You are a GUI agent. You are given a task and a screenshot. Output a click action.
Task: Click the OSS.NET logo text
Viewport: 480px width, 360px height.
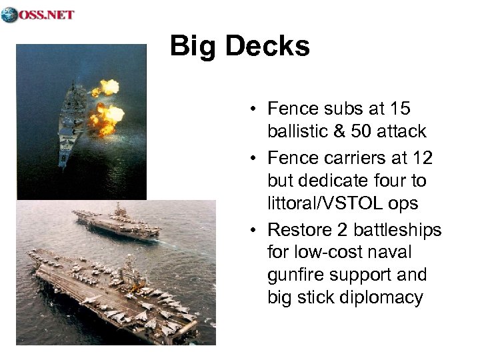click(47, 15)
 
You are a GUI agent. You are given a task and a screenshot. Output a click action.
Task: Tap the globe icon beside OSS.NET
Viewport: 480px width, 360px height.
click(9, 15)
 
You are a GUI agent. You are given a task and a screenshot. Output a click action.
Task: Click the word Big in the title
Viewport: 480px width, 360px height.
click(193, 46)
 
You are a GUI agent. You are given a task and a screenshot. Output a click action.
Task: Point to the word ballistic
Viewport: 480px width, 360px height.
click(297, 131)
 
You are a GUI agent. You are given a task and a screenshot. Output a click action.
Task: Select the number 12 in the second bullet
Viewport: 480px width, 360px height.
click(422, 159)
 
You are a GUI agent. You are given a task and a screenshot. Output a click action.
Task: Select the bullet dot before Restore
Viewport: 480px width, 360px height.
click(256, 231)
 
